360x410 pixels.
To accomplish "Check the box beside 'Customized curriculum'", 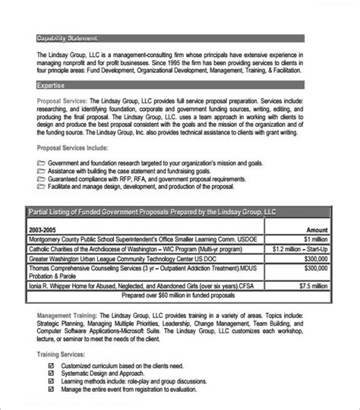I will click(x=51, y=365).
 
